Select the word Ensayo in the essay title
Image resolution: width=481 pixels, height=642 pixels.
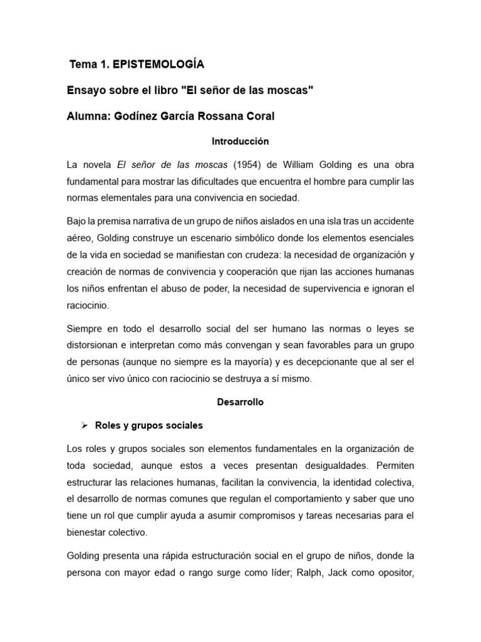(x=86, y=91)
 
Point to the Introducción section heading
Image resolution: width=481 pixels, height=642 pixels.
(x=240, y=142)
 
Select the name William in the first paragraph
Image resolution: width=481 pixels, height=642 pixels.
(x=288, y=166)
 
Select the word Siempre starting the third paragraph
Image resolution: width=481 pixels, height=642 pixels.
(x=85, y=329)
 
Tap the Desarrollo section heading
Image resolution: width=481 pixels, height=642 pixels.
(x=240, y=403)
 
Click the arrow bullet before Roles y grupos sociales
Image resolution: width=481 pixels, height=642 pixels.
(x=84, y=425)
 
